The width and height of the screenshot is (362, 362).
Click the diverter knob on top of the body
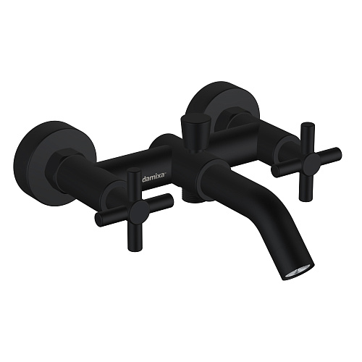pos(195,132)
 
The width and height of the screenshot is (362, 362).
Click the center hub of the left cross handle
pos(139,210)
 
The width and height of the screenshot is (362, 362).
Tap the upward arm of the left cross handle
pos(134,185)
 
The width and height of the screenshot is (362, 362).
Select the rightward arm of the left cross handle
pos(160,200)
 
